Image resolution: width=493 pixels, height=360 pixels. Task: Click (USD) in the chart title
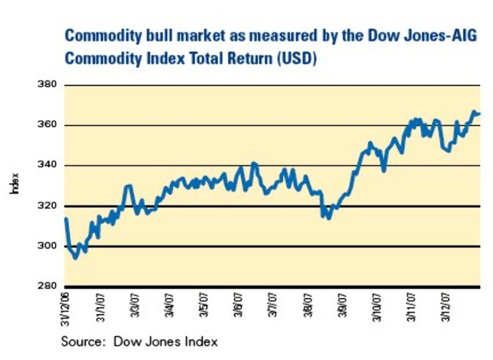(298, 60)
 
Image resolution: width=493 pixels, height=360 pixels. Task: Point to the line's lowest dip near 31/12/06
(76, 258)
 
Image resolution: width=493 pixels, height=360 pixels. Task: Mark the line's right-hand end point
(479, 113)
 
